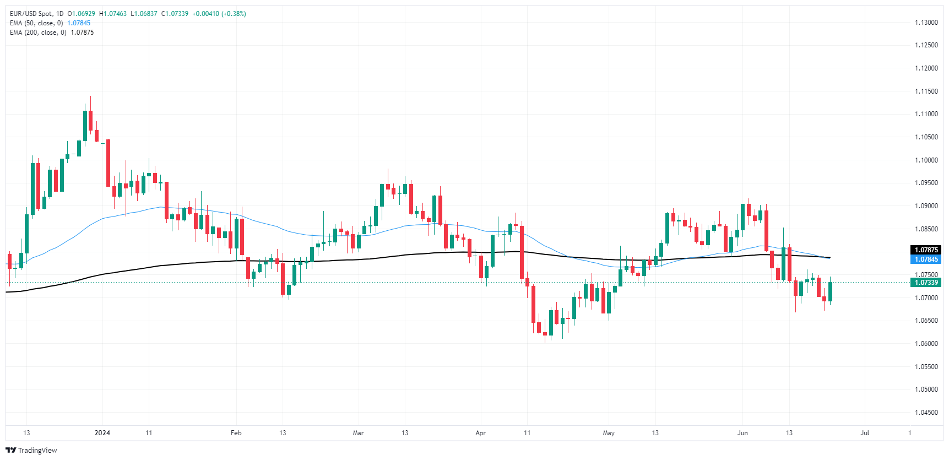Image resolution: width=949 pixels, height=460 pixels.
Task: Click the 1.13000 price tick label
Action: [926, 23]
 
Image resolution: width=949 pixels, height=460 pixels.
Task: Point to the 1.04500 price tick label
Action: [926, 413]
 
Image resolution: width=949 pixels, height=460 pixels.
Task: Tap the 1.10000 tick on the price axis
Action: [926, 160]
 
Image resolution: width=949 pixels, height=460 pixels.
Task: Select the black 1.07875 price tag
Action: [926, 250]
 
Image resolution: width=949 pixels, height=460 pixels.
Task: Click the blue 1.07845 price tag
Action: [926, 259]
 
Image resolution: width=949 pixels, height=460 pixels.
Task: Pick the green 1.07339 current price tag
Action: [926, 283]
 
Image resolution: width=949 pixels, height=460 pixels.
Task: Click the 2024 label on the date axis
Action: [102, 433]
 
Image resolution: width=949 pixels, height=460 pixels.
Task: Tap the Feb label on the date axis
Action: [236, 433]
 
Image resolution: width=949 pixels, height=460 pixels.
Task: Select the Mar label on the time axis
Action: [358, 433]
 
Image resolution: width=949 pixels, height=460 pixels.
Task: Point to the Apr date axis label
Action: [480, 433]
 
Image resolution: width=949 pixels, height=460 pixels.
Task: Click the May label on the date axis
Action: [609, 433]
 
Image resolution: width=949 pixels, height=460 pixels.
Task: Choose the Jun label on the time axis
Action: [742, 433]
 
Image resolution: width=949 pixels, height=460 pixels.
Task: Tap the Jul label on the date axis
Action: [865, 433]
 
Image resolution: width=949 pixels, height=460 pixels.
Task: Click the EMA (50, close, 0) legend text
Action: [36, 23]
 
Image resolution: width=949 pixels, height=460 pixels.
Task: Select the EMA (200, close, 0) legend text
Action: [38, 33]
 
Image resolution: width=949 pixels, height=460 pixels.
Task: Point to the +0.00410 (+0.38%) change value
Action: [219, 14]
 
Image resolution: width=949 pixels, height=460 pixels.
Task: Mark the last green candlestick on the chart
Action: [830, 291]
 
